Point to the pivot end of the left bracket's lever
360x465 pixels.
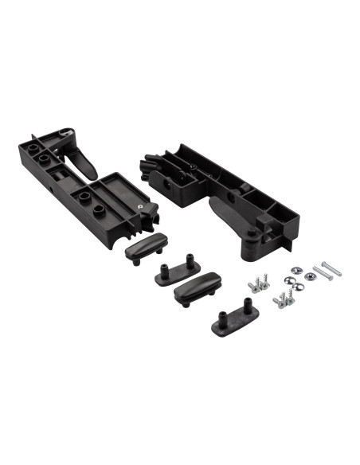(63, 135)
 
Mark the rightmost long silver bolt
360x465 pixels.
(330, 268)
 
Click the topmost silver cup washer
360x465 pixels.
(296, 272)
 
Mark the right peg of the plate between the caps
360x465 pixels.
(191, 260)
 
